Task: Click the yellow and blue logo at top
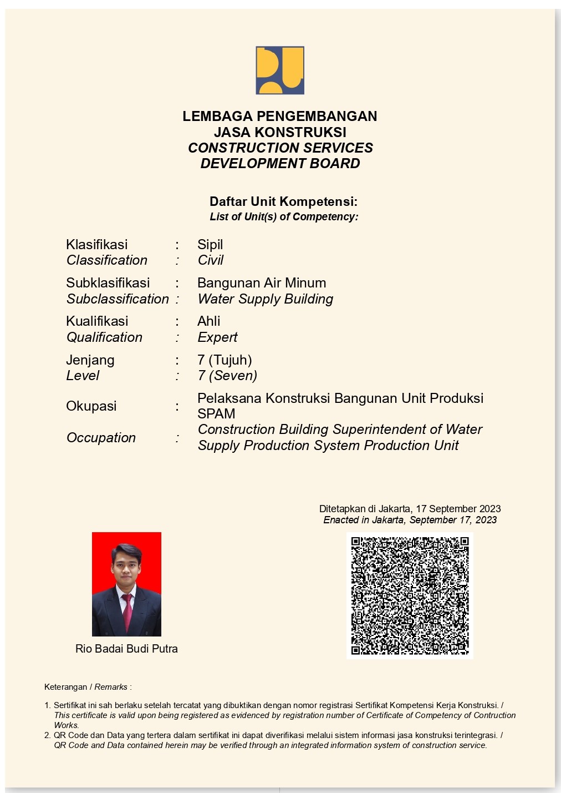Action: (280, 70)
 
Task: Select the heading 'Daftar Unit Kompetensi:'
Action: (283, 201)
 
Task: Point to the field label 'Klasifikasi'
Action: (97, 245)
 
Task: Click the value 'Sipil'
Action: (210, 245)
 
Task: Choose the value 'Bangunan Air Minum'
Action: (262, 283)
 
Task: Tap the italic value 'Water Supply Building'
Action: (265, 299)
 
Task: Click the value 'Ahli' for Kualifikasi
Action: (209, 321)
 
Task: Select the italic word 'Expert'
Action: (217, 337)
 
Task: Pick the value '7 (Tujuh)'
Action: (225, 360)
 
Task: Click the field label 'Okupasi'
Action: (91, 406)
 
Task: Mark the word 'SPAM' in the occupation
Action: (216, 414)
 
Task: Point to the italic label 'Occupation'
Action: (101, 438)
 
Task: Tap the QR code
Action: (410, 595)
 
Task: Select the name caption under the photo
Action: (126, 649)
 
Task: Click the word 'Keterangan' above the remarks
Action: (65, 687)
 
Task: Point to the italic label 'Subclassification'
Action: (118, 299)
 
